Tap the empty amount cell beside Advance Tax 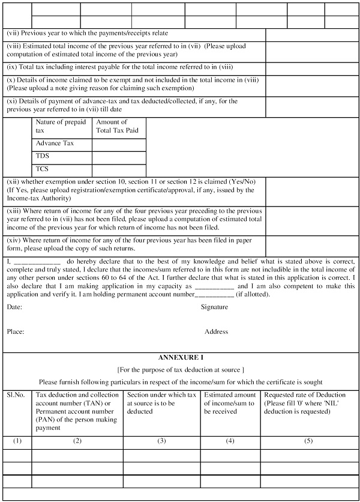point(119,145)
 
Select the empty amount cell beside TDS point(119,157)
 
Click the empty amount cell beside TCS point(119,170)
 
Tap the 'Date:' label point(15,307)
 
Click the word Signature point(214,307)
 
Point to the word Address point(216,331)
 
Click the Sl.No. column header point(16,395)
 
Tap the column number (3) point(161,441)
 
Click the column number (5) point(308,441)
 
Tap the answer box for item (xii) point(312,191)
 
